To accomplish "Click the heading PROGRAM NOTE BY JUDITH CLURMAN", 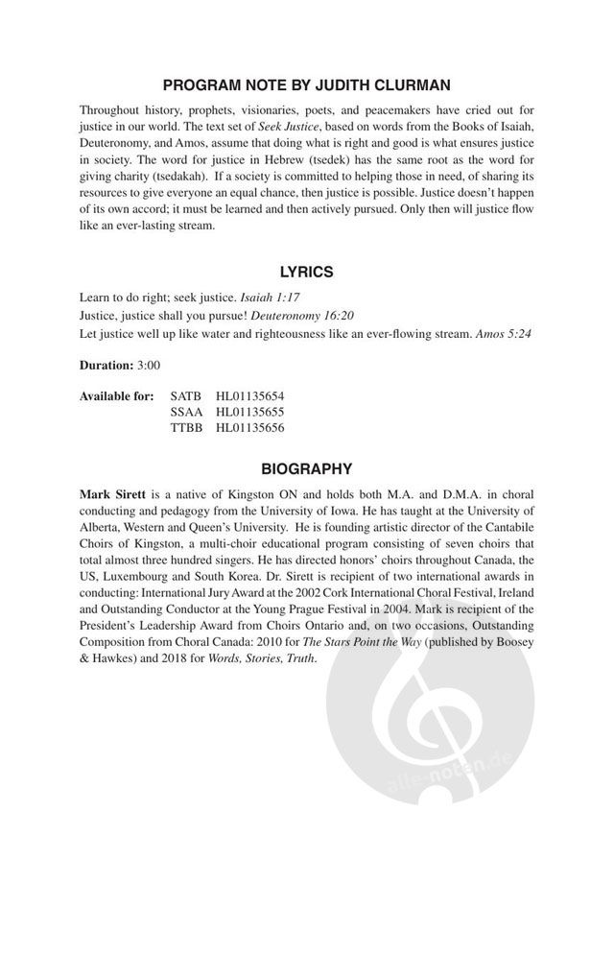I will click(306, 86).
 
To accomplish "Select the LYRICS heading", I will click(306, 272).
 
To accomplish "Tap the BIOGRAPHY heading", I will click(306, 468).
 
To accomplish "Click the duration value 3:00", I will click(149, 366).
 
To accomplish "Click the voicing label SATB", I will click(186, 395).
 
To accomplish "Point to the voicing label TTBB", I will click(186, 428).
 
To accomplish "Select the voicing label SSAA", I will click(186, 412).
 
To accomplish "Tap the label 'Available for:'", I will click(116, 395).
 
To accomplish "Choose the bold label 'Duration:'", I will click(106, 366).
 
